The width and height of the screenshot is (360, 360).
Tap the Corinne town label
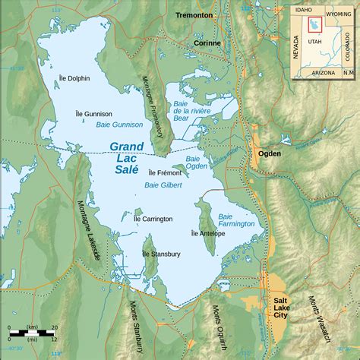206,43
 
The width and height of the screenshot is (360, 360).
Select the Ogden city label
270,153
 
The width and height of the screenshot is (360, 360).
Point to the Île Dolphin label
74,77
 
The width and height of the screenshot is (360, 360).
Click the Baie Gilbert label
161,185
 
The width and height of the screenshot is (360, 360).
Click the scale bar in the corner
32,334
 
